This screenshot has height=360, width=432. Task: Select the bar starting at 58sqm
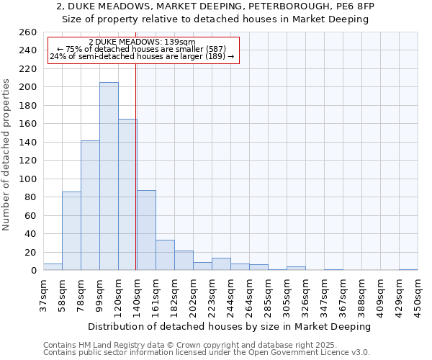click(x=71, y=230)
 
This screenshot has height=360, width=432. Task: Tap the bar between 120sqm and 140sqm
click(x=127, y=194)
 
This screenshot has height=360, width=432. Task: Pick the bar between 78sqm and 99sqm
click(x=90, y=205)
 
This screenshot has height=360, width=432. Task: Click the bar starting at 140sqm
click(x=146, y=230)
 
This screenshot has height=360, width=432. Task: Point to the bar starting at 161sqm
click(x=165, y=255)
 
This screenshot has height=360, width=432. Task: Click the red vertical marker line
click(x=136, y=166)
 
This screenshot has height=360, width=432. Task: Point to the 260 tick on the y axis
click(x=27, y=32)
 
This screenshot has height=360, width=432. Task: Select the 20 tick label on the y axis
click(x=30, y=252)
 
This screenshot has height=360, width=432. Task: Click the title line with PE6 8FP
click(x=215, y=6)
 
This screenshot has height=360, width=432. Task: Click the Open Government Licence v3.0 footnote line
click(x=206, y=352)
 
